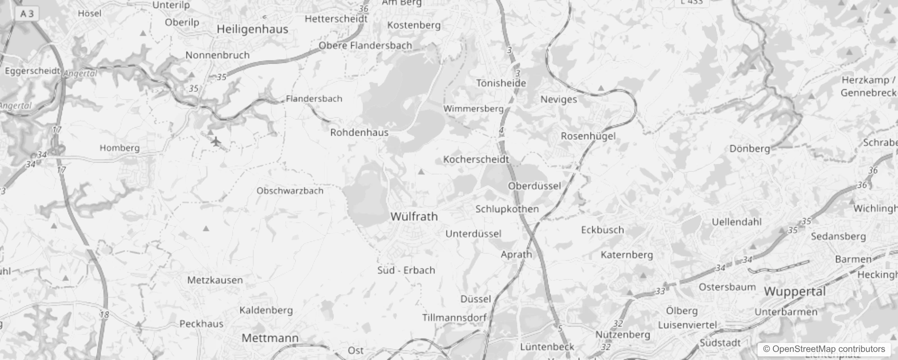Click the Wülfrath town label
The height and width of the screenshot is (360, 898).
(414, 216)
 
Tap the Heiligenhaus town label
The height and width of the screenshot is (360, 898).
(252, 30)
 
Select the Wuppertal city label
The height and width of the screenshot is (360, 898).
(795, 292)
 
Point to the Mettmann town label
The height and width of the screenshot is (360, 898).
(270, 338)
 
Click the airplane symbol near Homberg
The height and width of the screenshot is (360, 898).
(216, 142)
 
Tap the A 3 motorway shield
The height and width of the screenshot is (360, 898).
(27, 13)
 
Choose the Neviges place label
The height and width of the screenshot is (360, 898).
(558, 99)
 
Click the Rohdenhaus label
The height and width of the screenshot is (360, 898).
(359, 133)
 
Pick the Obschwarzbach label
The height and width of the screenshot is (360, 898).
(290, 191)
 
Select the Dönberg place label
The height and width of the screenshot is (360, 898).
(750, 148)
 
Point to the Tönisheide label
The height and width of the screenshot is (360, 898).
(501, 83)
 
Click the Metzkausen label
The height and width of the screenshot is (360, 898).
(215, 280)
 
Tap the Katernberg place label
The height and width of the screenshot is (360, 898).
(626, 255)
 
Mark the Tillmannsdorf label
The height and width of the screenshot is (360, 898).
(454, 318)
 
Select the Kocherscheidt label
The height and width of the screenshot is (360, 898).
(476, 159)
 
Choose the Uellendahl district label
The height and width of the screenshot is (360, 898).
(736, 222)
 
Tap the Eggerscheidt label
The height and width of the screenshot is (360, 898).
(32, 71)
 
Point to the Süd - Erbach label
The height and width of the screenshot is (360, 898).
(406, 270)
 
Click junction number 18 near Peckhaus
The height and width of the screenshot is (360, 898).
(104, 315)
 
